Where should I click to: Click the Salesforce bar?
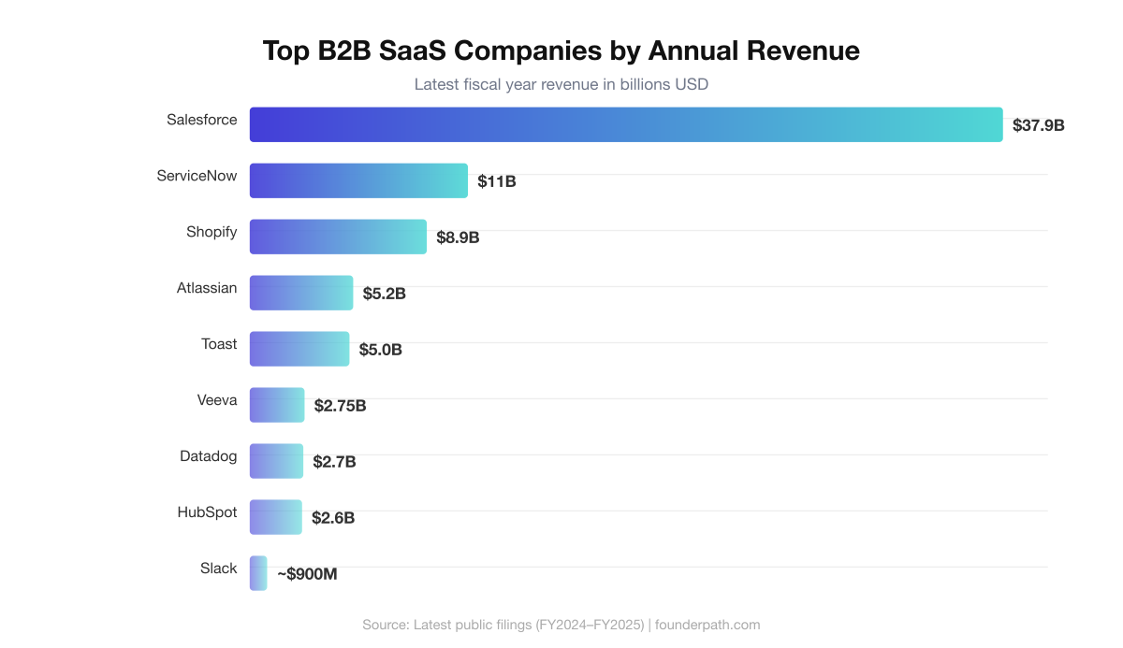(625, 124)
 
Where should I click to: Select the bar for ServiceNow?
(358, 180)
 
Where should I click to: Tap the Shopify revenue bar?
(338, 237)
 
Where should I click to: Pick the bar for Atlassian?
(301, 293)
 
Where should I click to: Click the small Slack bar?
(258, 573)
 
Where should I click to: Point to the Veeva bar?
(277, 405)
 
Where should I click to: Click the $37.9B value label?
(1038, 125)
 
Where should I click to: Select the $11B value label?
(496, 181)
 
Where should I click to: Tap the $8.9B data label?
(458, 238)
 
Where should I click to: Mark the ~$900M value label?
(307, 574)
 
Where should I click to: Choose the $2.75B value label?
(340, 406)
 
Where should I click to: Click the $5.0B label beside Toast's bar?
(380, 350)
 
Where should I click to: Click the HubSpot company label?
(207, 512)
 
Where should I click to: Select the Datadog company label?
(208, 456)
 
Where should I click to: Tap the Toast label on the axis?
(219, 344)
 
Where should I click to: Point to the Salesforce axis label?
(201, 120)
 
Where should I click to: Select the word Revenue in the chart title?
(802, 50)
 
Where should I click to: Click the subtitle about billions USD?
(561, 84)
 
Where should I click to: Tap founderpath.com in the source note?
(707, 625)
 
